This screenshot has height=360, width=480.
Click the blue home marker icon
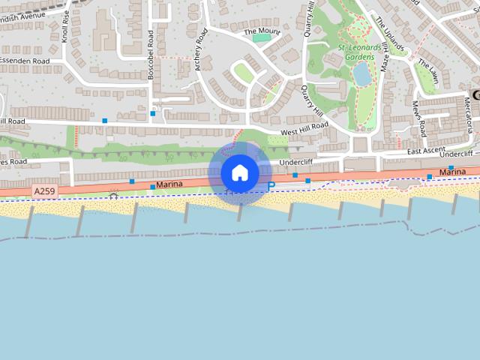240,173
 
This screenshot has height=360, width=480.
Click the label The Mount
260,31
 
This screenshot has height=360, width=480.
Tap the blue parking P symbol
271,186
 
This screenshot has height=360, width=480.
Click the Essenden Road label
24,61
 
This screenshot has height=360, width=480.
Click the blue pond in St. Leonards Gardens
361,73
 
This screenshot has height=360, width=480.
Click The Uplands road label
389,30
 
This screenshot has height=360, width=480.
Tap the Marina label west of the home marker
169,184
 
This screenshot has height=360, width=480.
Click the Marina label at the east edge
452,172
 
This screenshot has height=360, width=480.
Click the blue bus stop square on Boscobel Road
152,114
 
